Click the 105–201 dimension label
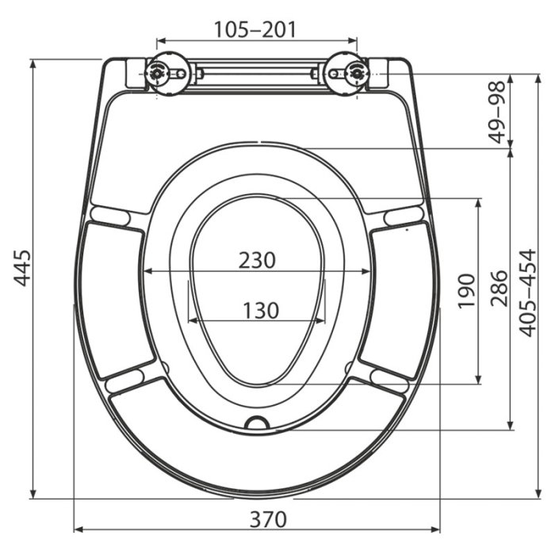tap(255, 29)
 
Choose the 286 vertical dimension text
tap(498, 287)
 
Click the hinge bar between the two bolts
tap(258, 73)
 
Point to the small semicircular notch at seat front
tap(257, 423)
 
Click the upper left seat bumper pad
tap(110, 214)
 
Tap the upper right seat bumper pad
tap(403, 215)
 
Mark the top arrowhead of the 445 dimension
tap(33, 63)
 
